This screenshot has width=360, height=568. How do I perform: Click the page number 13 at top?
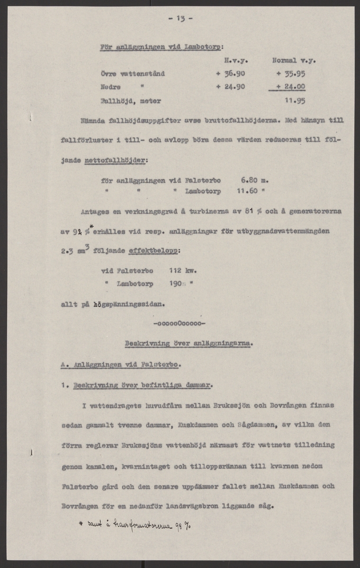[x=180, y=19]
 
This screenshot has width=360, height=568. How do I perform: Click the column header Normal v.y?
[x=294, y=61]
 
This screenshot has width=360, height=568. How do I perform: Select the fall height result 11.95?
[x=295, y=100]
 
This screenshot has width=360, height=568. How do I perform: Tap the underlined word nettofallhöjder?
[x=116, y=161]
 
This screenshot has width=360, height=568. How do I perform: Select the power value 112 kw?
[x=182, y=271]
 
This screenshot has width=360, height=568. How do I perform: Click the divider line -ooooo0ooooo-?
[x=180, y=324]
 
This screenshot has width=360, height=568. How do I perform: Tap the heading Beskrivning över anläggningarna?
[x=189, y=344]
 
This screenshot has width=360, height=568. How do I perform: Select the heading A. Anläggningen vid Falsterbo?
[x=121, y=364]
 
